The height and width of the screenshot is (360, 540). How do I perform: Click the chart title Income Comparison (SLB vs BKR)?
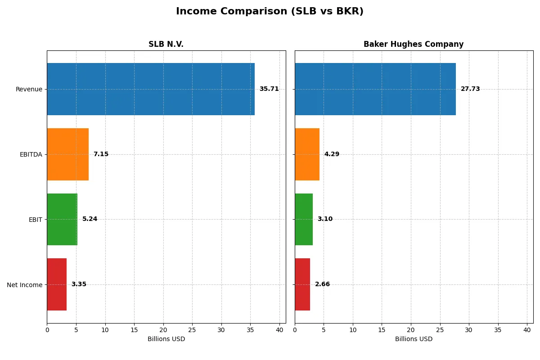tap(270, 12)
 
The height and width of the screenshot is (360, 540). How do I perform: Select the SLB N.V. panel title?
tap(166, 45)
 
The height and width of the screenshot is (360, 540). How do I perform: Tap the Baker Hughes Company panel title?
tap(414, 45)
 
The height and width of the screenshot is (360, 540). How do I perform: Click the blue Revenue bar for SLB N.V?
tap(151, 89)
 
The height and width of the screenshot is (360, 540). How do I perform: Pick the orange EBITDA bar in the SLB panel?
tap(68, 154)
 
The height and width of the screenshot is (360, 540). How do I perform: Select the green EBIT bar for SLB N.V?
tap(62, 220)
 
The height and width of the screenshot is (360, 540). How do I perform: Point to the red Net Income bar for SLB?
tap(57, 284)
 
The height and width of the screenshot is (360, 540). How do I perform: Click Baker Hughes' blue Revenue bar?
tap(375, 89)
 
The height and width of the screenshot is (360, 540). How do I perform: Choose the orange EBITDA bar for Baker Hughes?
tap(307, 154)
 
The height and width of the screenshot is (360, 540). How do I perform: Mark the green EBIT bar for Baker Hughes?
tap(304, 220)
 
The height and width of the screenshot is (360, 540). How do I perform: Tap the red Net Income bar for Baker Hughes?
tap(302, 284)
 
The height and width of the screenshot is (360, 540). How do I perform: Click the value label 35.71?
tap(269, 89)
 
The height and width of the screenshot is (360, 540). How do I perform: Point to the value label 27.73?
tap(470, 89)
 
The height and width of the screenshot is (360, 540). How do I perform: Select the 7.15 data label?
tap(101, 154)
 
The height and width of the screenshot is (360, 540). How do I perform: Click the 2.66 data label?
tap(322, 284)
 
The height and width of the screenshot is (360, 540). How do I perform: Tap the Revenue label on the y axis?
tap(29, 90)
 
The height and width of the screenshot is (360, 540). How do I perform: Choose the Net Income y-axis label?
tap(25, 285)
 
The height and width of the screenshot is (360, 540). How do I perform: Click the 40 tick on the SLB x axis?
tap(279, 330)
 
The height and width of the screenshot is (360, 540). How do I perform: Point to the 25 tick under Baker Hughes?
tap(440, 330)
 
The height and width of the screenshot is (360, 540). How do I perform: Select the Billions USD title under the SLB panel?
tap(166, 339)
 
